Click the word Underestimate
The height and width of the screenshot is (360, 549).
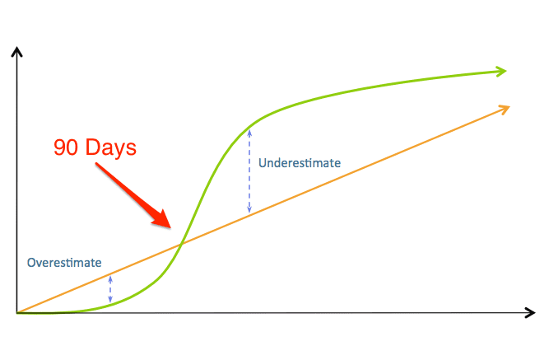300,163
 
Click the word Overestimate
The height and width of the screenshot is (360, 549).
64,263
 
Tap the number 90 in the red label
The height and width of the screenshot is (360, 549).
66,147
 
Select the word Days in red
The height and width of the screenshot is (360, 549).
111,148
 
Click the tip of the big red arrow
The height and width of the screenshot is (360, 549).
171,228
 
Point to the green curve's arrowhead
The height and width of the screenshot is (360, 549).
502,71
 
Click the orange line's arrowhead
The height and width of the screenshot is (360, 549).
505,109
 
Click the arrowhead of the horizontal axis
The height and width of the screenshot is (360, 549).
530,313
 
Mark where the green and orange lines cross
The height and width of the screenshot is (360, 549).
182,243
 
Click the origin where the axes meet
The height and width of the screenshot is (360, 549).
16,313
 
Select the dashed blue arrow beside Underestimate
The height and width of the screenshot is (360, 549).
249,171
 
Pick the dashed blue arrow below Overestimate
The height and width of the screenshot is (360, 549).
110,289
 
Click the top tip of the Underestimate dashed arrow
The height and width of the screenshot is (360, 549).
249,130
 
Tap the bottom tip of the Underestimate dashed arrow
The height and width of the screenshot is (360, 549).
249,213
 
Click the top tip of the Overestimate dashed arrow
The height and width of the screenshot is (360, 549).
110,276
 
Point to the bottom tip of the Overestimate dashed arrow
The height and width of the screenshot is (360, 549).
110,302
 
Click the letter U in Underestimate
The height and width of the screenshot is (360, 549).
263,163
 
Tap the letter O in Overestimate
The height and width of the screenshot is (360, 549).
31,263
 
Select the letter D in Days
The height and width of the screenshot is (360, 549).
92,147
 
